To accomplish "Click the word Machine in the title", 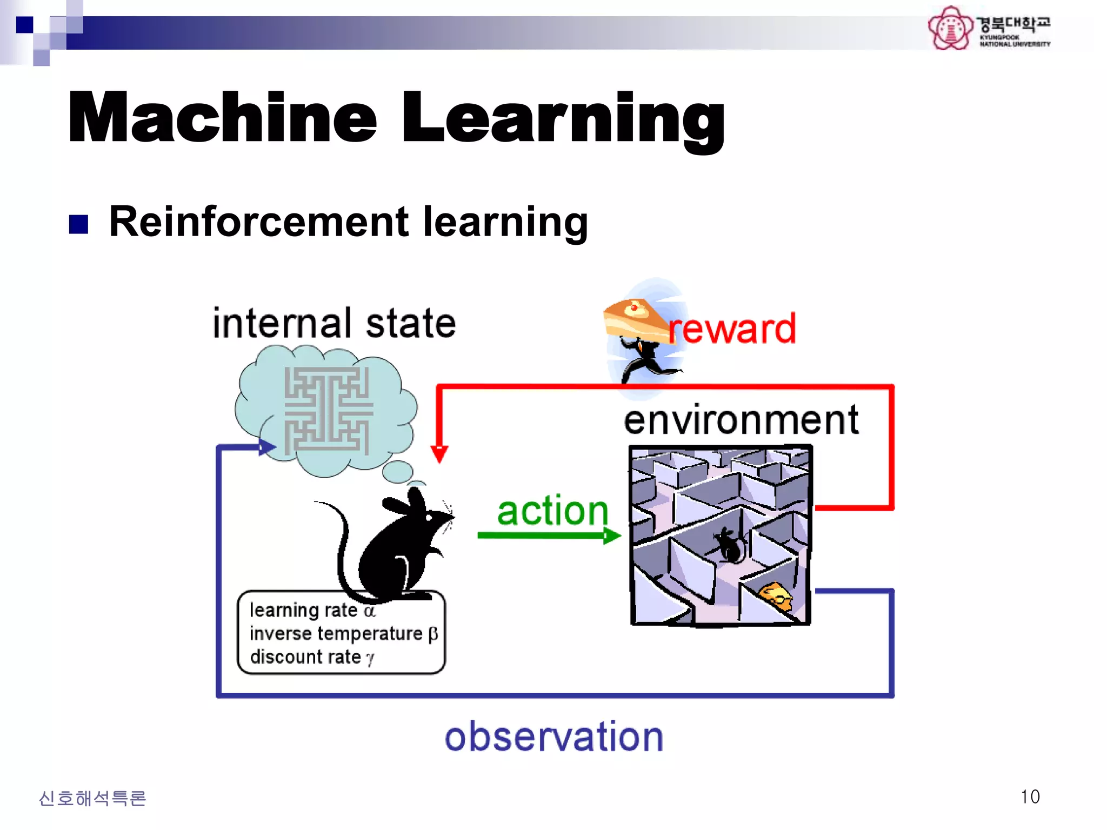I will pyautogui.click(x=222, y=117).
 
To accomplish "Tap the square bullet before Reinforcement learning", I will pyautogui.click(x=79, y=224).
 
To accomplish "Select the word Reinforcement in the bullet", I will pyautogui.click(x=259, y=222).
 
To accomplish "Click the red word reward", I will pyautogui.click(x=732, y=329).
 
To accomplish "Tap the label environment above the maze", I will pyautogui.click(x=741, y=420).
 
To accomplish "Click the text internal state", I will pyautogui.click(x=334, y=323).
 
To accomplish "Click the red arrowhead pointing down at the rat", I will pyautogui.click(x=439, y=454).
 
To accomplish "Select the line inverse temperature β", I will pyautogui.click(x=343, y=633).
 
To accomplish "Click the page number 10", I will pyautogui.click(x=1030, y=796).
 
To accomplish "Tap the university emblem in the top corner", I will pyautogui.click(x=950, y=28).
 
